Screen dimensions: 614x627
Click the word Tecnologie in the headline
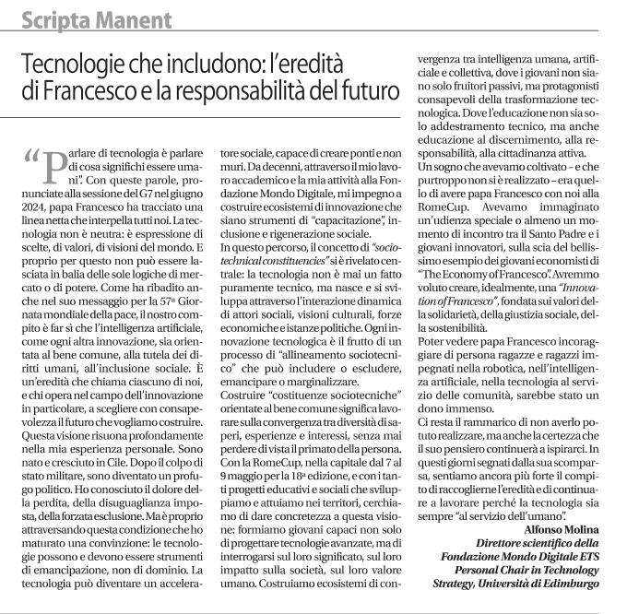[x=78, y=65]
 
